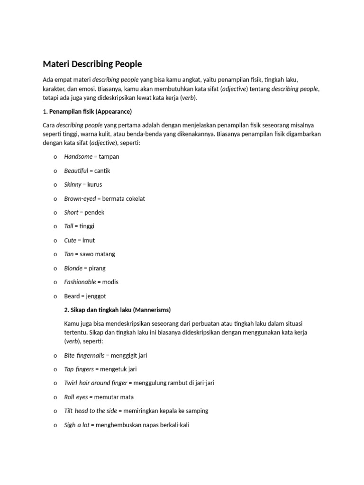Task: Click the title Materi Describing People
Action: pyautogui.click(x=92, y=63)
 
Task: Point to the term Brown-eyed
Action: pyautogui.click(x=80, y=198)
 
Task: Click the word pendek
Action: pyautogui.click(x=94, y=213)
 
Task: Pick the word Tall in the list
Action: pyautogui.click(x=69, y=226)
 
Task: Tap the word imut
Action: pyautogui.click(x=89, y=240)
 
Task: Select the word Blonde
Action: pyautogui.click(x=73, y=268)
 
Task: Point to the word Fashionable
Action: pyautogui.click(x=80, y=282)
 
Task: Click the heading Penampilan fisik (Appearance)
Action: pyautogui.click(x=91, y=112)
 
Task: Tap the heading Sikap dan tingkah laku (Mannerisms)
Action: pyautogui.click(x=118, y=310)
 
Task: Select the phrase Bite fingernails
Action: pyautogui.click(x=84, y=355)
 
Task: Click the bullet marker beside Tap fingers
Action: pyautogui.click(x=55, y=369)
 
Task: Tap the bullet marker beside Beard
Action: pyautogui.click(x=55, y=296)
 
